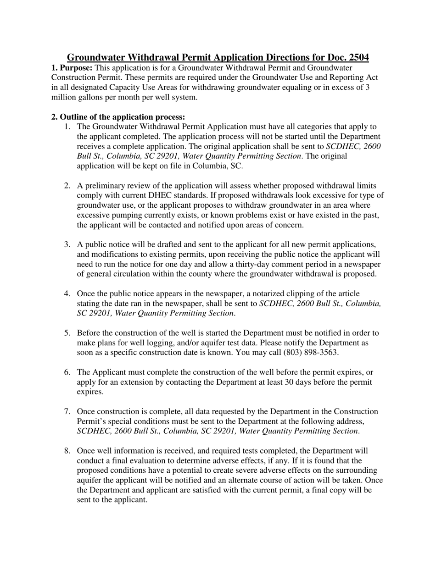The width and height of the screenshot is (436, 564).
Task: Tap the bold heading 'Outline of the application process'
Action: click(x=122, y=117)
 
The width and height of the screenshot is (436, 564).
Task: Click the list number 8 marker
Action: click(x=67, y=451)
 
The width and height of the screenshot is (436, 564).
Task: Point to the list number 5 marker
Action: click(x=67, y=333)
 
